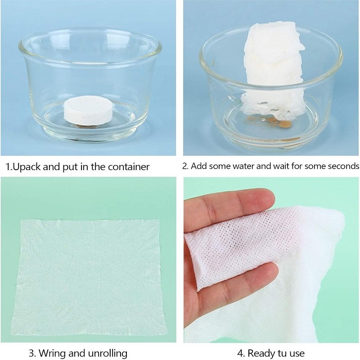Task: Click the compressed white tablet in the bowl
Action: [x=88, y=111]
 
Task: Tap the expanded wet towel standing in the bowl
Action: [x=274, y=69]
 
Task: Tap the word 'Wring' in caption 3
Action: [x=53, y=353]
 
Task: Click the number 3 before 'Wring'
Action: [x=32, y=353]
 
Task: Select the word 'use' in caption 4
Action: [x=297, y=354]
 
